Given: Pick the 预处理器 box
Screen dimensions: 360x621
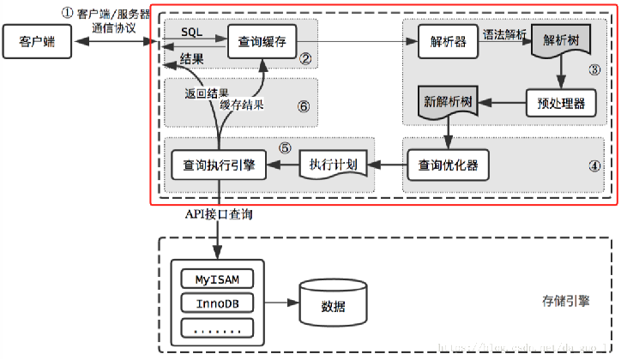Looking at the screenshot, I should coord(555,103).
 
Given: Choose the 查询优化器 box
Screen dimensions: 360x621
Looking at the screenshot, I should coord(448,164).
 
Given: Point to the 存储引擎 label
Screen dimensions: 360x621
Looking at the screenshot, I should coord(564,303).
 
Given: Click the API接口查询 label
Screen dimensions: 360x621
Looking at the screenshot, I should coord(219,216).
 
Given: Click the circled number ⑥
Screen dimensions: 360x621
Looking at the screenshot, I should coord(302,106).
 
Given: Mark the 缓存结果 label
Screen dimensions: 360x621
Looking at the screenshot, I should coord(241,105).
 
